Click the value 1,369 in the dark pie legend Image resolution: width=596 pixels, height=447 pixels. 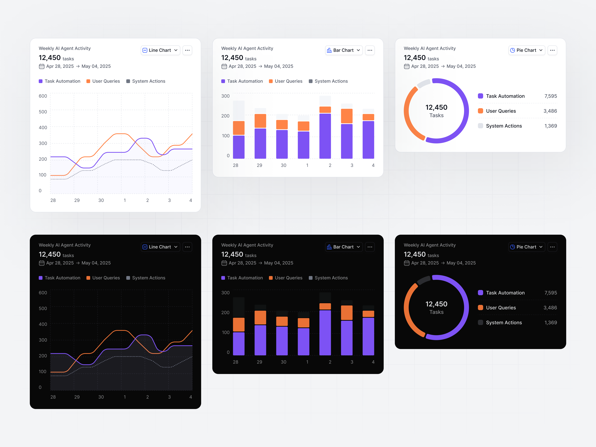[x=550, y=322]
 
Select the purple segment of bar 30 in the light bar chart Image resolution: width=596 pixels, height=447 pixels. [x=282, y=144]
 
